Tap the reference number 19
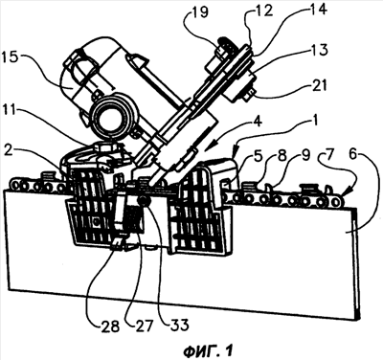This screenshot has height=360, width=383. point(199,12)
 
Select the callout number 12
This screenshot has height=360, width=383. point(264,11)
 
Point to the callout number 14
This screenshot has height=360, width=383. point(318,10)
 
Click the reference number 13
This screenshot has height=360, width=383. point(319,51)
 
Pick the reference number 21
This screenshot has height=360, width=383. point(318,86)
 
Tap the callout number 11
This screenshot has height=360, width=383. point(11,114)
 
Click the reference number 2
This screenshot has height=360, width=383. point(9,149)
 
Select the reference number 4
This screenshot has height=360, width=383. point(258,123)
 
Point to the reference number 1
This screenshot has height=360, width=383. point(315,123)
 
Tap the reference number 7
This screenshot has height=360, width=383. point(330,156)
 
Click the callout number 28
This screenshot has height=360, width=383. point(109,326)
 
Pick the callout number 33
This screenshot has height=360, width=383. point(178,326)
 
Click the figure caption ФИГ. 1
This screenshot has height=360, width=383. point(208,350)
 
